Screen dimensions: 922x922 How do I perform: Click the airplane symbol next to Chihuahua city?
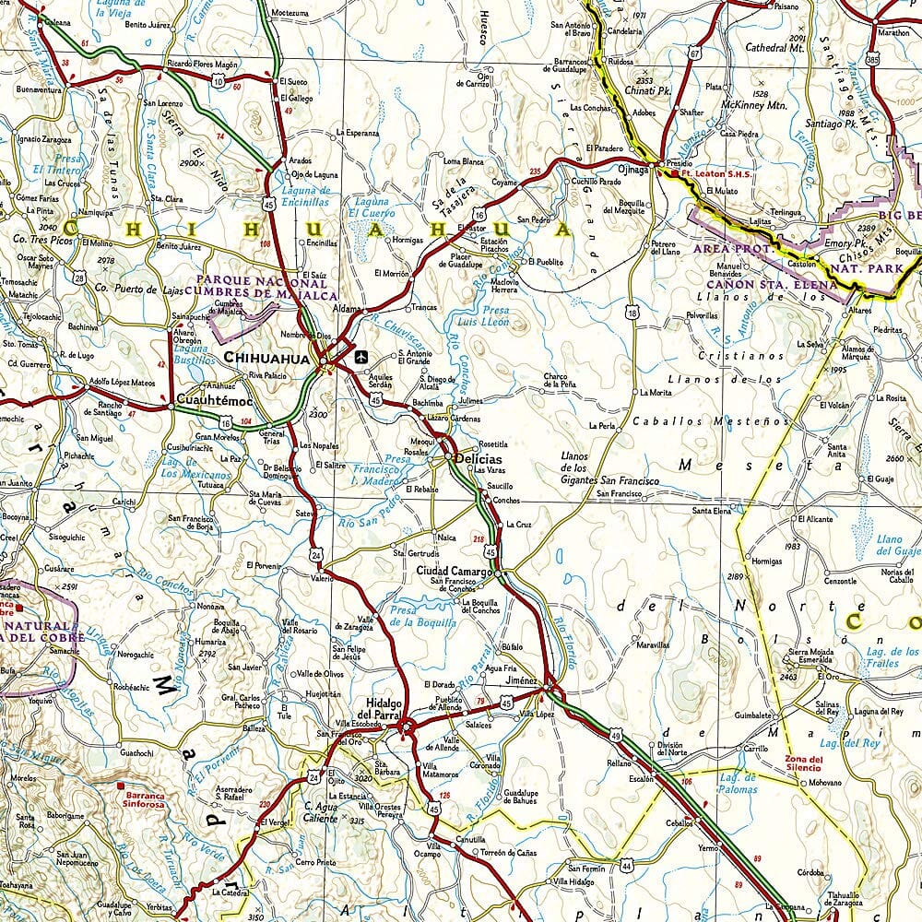[360, 355]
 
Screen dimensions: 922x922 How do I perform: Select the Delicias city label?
[477, 459]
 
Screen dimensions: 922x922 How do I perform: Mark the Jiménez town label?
[521, 680]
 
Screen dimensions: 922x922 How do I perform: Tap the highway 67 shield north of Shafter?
[695, 53]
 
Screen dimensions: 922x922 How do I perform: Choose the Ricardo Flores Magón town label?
[202, 65]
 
